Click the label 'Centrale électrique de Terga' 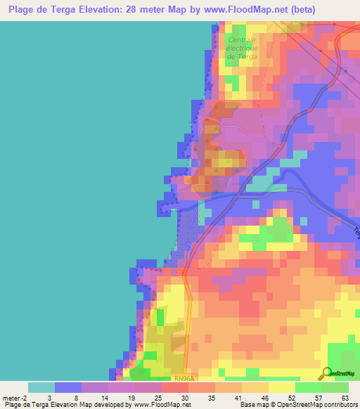[243, 47]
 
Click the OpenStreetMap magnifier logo [328, 374]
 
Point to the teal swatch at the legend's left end [41, 387]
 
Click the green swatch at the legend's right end [335, 387]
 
